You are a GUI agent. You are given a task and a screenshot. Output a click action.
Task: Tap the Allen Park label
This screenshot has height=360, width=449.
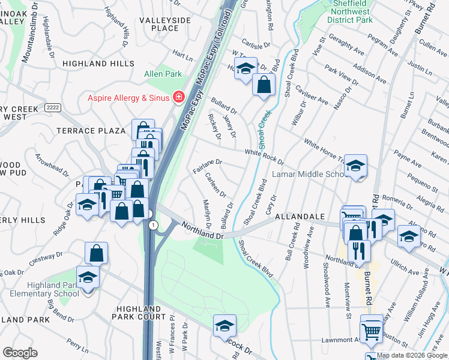pyautogui.click(x=163, y=74)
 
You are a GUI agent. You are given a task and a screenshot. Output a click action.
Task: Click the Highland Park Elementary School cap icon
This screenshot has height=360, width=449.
pyautogui.click(x=88, y=278)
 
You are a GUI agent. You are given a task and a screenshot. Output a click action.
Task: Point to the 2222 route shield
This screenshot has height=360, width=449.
pyautogui.click(x=52, y=107)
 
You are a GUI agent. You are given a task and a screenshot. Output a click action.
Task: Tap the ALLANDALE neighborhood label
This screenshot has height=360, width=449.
pyautogui.click(x=300, y=216)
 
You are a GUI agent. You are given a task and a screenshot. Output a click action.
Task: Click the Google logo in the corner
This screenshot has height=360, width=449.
pyautogui.click(x=20, y=353)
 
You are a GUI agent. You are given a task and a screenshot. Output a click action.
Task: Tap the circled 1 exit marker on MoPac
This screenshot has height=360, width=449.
pyautogui.click(x=154, y=224)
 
